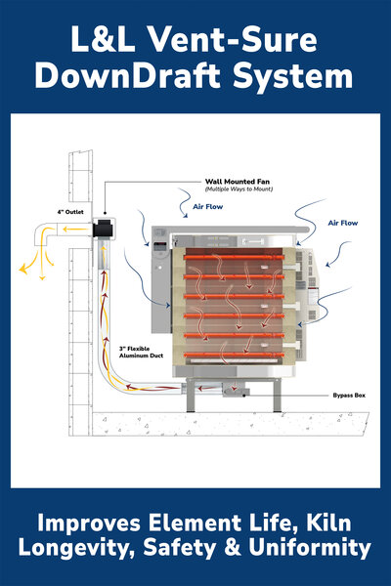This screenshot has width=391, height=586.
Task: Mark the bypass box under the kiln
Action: pyautogui.click(x=235, y=390)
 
